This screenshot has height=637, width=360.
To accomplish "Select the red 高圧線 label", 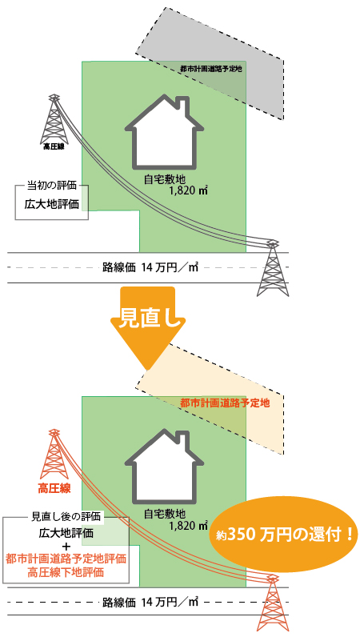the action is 54,488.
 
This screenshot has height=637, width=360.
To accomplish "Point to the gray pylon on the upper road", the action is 273,268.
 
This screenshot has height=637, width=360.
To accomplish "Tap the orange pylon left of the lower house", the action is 54,455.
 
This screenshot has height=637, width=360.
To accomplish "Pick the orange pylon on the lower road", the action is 274,603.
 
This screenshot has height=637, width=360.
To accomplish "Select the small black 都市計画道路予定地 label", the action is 211,69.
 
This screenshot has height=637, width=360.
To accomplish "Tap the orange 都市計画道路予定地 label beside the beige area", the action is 225,403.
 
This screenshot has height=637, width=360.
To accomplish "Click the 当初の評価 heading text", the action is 51,186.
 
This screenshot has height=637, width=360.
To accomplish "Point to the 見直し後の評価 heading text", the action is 66,517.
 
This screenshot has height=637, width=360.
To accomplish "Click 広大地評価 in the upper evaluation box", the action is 51,204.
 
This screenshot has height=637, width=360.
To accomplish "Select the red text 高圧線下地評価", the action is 66,573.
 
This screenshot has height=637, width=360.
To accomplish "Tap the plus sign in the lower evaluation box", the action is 66,545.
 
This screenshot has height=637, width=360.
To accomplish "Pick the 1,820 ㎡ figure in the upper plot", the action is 188,191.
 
